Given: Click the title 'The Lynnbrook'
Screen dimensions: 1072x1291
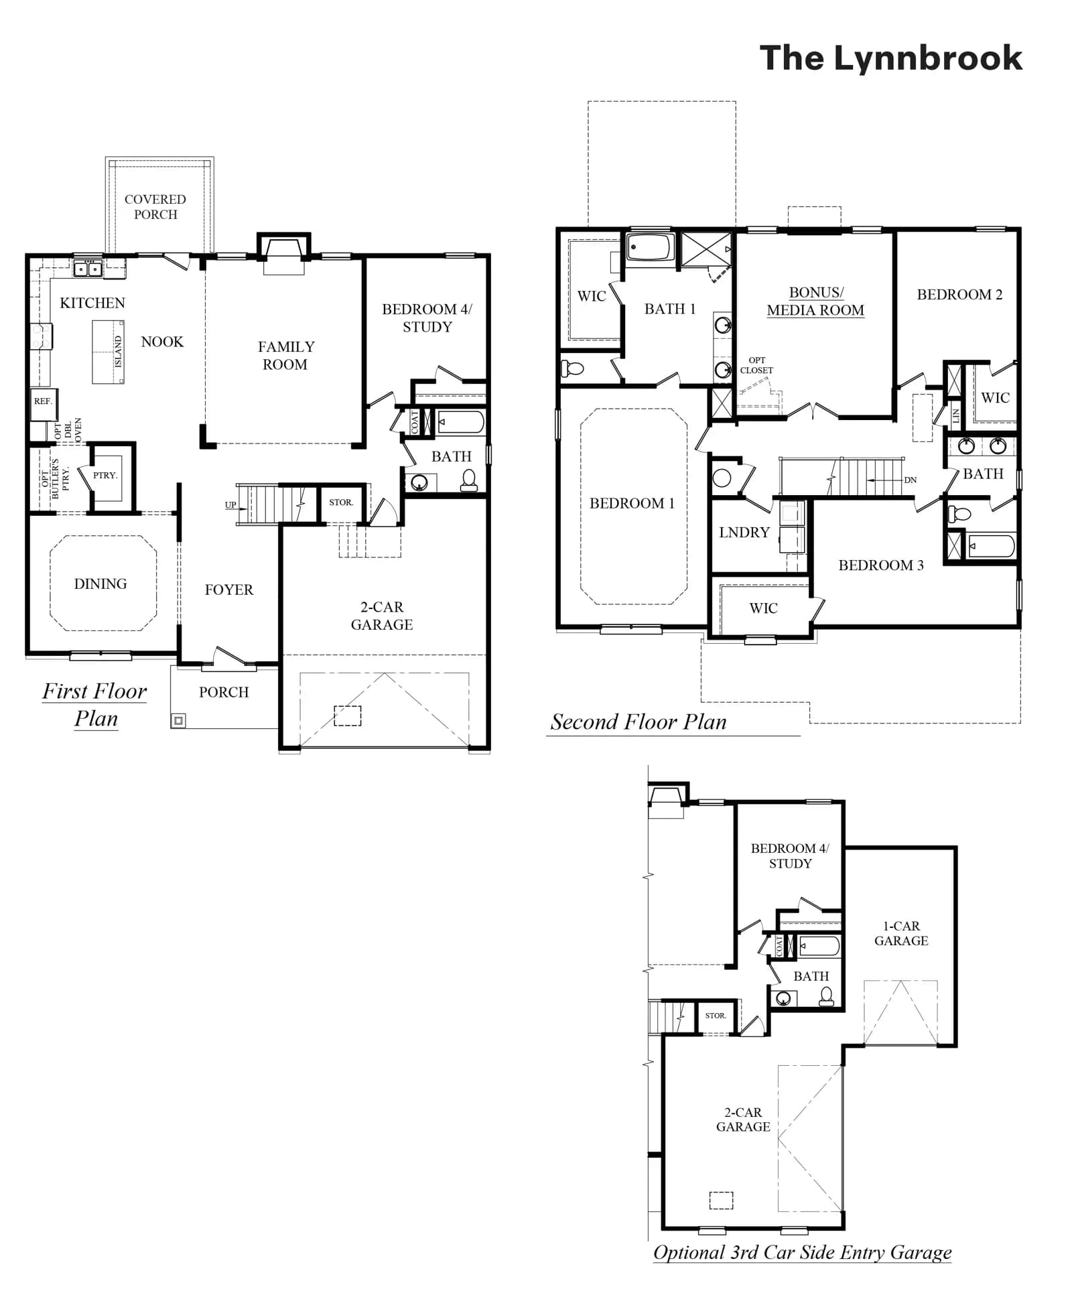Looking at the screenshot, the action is pyautogui.click(x=890, y=58).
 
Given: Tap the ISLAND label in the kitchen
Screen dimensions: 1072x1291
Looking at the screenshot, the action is pyautogui.click(x=119, y=351).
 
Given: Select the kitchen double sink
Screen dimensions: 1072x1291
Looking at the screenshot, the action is pyautogui.click(x=88, y=269).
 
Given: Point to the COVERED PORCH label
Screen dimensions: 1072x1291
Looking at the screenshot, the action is pyautogui.click(x=155, y=207).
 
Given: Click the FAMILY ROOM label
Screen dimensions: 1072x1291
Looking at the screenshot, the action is pyautogui.click(x=286, y=356).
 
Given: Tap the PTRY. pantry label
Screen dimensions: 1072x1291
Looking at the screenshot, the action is pyautogui.click(x=105, y=475).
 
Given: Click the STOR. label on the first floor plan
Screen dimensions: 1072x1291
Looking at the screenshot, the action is pyautogui.click(x=341, y=502).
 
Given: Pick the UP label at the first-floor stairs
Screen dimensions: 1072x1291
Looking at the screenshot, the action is pyautogui.click(x=230, y=504).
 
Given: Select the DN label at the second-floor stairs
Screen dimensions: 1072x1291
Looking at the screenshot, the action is pyautogui.click(x=910, y=480).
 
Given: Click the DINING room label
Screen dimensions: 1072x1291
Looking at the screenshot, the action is pyautogui.click(x=100, y=584).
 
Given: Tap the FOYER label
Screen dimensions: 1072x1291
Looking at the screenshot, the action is pyautogui.click(x=229, y=590).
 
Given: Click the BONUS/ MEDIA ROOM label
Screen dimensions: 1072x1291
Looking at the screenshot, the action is pyautogui.click(x=815, y=301).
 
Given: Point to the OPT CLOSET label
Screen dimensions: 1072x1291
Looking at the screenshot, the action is pyautogui.click(x=756, y=365).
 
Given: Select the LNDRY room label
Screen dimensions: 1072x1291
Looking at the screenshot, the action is pyautogui.click(x=744, y=533).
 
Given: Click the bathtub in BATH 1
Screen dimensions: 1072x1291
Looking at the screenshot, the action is pyautogui.click(x=649, y=248).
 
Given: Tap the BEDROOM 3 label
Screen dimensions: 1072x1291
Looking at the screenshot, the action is pyautogui.click(x=881, y=565).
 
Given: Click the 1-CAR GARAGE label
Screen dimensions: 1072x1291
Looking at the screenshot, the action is pyautogui.click(x=901, y=933).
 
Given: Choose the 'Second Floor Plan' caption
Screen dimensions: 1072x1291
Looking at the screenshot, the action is pyautogui.click(x=639, y=722).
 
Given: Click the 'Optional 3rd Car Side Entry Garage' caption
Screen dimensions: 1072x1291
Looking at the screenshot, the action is pyautogui.click(x=803, y=1252).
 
